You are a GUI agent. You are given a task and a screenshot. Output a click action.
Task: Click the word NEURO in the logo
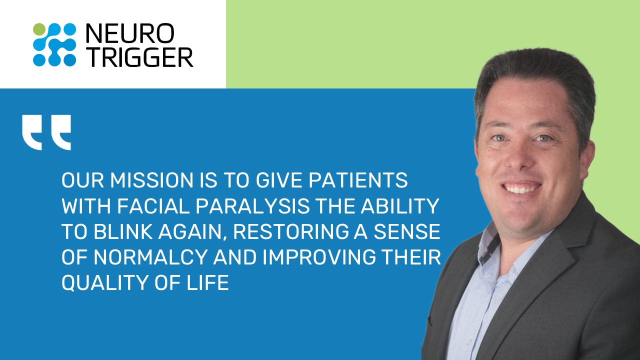point(129,33)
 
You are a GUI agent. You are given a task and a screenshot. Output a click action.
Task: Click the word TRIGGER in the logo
point(139,57)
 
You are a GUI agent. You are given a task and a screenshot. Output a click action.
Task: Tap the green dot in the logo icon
point(39,29)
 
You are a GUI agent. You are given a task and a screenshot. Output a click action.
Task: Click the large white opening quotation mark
point(46,132)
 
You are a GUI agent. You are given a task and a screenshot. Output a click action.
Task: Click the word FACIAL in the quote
point(153,206)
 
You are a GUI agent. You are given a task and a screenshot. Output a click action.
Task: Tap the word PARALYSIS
point(252,206)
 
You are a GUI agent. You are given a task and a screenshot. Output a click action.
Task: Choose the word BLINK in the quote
point(123,231)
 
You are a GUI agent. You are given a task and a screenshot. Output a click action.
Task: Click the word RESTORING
point(290,231)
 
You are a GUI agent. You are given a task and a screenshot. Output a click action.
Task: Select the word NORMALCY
point(150,257)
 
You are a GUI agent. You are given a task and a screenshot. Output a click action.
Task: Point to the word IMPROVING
point(319,257)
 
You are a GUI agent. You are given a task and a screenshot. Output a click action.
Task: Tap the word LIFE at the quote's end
point(207,282)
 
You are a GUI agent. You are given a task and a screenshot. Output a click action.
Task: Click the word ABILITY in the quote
point(399,206)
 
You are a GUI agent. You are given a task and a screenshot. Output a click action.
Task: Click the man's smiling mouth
point(521,187)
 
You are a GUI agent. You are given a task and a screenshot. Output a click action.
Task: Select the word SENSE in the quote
point(407,231)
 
